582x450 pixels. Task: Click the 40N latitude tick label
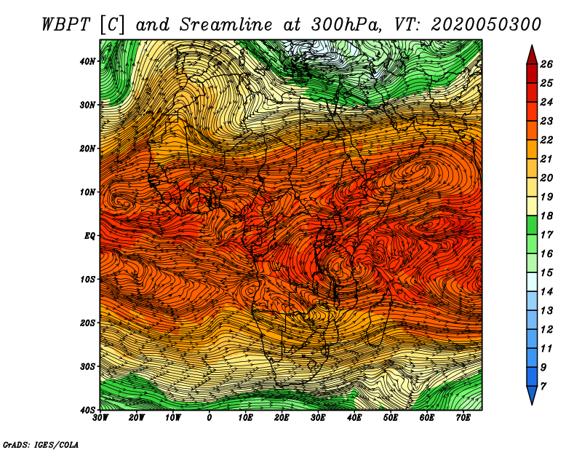(87, 61)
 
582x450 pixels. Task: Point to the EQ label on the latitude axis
(89, 236)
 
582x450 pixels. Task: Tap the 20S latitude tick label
(87, 323)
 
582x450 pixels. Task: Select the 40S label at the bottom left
(87, 410)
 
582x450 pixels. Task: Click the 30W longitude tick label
(100, 418)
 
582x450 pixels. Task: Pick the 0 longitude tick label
(210, 418)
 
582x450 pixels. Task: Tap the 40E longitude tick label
(354, 418)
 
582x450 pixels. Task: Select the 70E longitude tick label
(463, 418)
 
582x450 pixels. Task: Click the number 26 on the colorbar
(546, 64)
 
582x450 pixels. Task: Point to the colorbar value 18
(546, 216)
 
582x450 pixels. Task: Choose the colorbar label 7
(543, 387)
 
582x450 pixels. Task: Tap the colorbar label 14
(546, 292)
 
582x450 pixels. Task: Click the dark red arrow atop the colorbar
(532, 56)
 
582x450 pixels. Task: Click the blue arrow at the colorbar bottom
(532, 395)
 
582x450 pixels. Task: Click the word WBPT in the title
(65, 25)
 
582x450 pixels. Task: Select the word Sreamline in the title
(226, 25)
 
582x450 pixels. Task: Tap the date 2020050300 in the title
(485, 25)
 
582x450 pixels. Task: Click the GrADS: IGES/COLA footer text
(41, 445)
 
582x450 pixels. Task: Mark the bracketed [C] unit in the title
(111, 25)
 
